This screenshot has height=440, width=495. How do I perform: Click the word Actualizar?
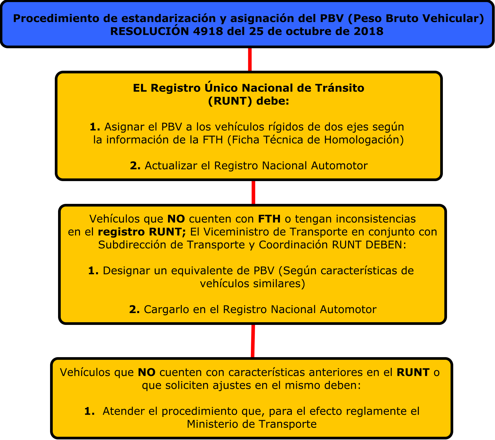(171, 166)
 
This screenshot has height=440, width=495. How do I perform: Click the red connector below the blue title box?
(250, 59)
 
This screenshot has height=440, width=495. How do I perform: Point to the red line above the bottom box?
(253, 341)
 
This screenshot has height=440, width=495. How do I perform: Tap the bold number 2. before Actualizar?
(135, 166)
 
